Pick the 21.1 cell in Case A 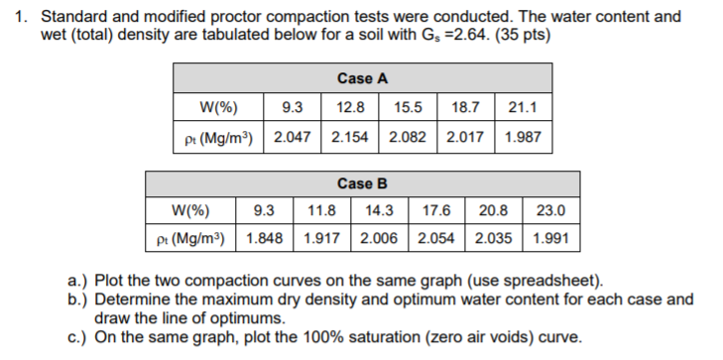click(522, 107)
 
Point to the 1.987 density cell click(522, 136)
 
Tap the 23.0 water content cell click(551, 210)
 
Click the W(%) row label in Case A click(217, 107)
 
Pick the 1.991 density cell click(551, 239)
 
